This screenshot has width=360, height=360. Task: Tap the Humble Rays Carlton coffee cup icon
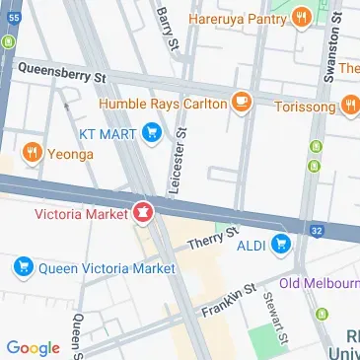240,102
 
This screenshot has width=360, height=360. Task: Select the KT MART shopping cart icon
151,130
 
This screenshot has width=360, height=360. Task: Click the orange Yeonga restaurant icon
32,152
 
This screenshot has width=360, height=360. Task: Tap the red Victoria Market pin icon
143,211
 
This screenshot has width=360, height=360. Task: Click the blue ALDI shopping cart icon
283,243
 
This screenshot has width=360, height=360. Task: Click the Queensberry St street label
61,71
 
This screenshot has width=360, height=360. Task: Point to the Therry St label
213,238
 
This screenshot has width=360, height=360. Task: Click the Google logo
33,347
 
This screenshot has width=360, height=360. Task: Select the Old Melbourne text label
319,284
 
